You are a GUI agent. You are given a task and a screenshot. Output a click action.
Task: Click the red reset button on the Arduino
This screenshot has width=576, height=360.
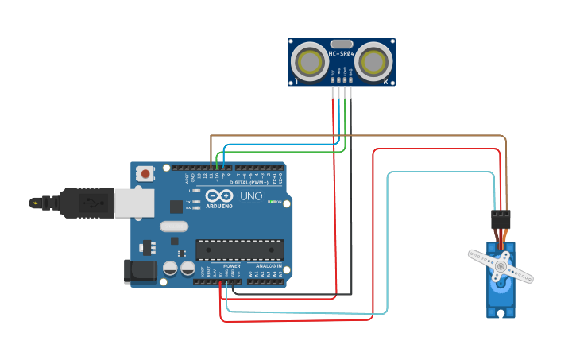pyautogui.click(x=145, y=173)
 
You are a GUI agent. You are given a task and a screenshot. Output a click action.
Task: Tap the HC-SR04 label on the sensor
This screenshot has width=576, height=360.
pyautogui.click(x=342, y=54)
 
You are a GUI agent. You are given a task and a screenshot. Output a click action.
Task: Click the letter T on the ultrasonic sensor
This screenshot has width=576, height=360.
pyautogui.click(x=296, y=81)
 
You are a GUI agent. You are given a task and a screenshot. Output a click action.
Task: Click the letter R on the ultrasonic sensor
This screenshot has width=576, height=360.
pyautogui.click(x=386, y=81)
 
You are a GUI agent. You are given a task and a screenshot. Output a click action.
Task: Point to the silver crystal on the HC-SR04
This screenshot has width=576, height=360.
pyautogui.click(x=342, y=45)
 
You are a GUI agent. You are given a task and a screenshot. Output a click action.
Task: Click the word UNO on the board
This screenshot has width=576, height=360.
pyautogui.click(x=251, y=195)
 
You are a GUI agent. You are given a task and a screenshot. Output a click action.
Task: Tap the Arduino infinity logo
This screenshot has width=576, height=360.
pyautogui.click(x=218, y=195)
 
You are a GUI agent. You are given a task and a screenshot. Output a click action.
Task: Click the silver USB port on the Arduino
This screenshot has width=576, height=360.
pyautogui.click(x=133, y=203)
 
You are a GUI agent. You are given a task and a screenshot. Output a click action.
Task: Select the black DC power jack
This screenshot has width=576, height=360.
pyautogui.click(x=141, y=271)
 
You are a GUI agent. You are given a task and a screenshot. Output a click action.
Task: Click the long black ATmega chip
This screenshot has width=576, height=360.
pyautogui.click(x=239, y=250)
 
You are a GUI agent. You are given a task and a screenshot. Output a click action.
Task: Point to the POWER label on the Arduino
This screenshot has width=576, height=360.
pyautogui.click(x=220, y=266)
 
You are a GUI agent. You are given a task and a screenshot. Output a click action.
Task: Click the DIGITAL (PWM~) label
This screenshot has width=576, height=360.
pyautogui.click(x=249, y=182)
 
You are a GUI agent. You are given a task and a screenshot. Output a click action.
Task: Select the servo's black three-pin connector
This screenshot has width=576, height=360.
pyautogui.click(x=501, y=219)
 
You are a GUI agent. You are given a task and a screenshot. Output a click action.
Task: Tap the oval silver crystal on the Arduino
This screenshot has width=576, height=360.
pyautogui.click(x=174, y=226)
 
